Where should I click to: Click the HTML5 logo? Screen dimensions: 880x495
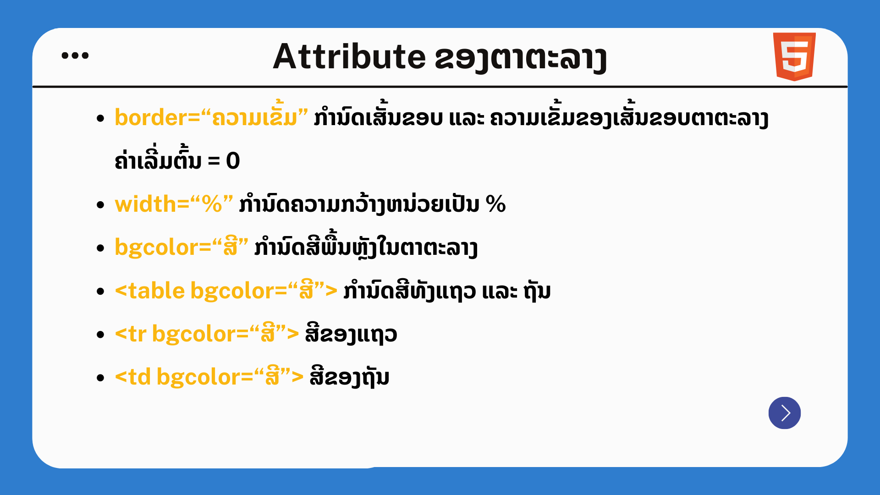(x=794, y=56)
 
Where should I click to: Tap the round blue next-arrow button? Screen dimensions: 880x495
(x=785, y=413)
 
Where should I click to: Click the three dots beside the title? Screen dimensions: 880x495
(x=75, y=55)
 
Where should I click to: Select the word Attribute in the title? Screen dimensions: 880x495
(x=349, y=57)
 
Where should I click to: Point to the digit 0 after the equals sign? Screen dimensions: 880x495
(x=233, y=161)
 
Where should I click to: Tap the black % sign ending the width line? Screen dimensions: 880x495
(x=495, y=204)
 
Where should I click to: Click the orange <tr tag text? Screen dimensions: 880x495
(x=131, y=334)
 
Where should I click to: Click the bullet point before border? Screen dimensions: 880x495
(x=101, y=119)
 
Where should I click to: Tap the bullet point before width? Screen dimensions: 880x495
(x=101, y=205)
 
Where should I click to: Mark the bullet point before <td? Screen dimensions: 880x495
(x=101, y=378)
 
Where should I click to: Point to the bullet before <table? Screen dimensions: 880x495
(x=101, y=292)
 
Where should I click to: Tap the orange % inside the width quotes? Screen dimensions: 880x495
(x=212, y=204)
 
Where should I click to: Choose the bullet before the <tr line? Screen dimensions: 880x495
(x=101, y=335)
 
